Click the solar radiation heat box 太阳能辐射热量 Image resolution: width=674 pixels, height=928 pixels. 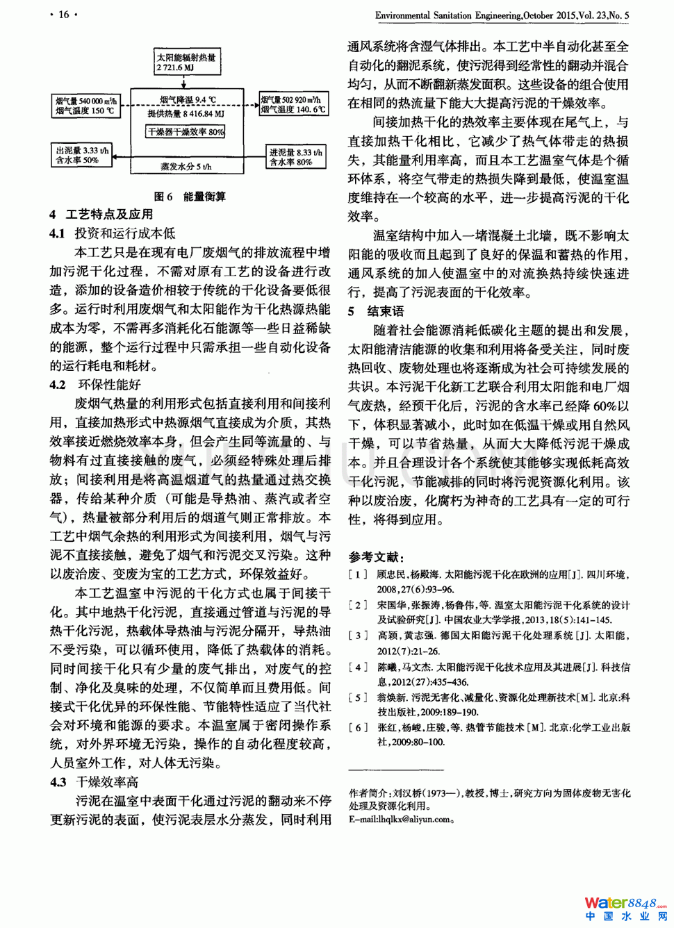[187, 63]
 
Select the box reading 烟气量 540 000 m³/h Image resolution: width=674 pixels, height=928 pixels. [86, 106]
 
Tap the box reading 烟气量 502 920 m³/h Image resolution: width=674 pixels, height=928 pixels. [293, 104]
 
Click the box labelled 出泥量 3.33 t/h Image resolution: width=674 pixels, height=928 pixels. [82, 155]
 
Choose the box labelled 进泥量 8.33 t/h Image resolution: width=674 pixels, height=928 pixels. [295, 157]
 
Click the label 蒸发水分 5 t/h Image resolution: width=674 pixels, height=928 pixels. [186, 167]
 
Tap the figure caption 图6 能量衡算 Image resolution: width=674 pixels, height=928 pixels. [189, 197]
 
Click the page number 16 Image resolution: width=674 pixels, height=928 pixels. [63, 15]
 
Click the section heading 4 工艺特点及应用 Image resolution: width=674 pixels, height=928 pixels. [101, 215]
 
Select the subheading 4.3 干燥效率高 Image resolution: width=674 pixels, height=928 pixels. [94, 782]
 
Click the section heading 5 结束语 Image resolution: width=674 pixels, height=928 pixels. [376, 311]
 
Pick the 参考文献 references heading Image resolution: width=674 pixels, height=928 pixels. [376, 556]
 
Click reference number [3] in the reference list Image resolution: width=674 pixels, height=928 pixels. [358, 636]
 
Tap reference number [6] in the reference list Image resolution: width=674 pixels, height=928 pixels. [358, 727]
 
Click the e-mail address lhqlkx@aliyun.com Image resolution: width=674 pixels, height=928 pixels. [400, 820]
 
